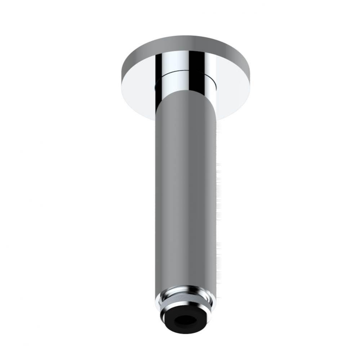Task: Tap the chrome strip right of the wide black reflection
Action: click(209, 72)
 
